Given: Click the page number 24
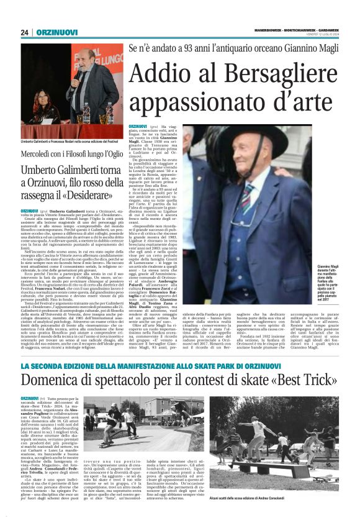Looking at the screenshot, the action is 25,32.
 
